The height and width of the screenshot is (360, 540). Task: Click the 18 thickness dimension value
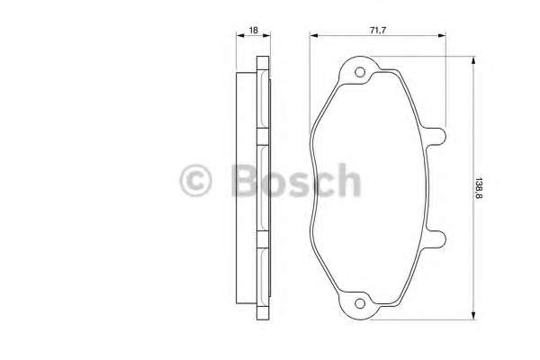[253, 31]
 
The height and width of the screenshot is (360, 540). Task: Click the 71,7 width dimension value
[378, 31]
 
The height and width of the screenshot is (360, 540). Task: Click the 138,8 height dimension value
[479, 188]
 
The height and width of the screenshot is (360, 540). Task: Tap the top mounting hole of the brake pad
[360, 72]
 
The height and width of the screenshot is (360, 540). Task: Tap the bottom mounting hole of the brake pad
[360, 303]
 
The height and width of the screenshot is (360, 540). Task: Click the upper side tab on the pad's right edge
[436, 136]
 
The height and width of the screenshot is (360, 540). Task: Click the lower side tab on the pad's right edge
[436, 238]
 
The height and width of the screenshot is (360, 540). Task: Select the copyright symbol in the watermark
[195, 180]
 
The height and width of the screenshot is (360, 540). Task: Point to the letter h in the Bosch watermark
[348, 179]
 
